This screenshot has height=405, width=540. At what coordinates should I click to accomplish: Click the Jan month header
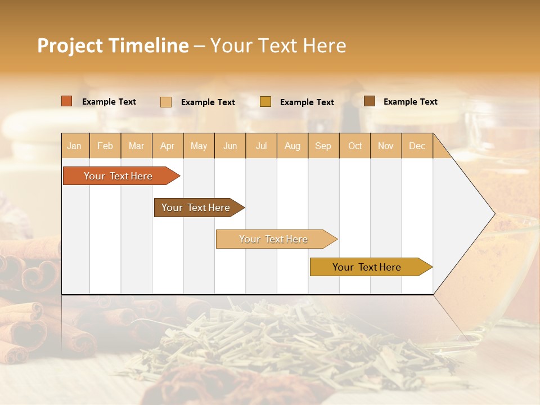pyautogui.click(x=74, y=146)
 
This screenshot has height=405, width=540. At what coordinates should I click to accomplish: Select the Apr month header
pyautogui.click(x=167, y=146)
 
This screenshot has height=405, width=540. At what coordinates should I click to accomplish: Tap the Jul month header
pyautogui.click(x=261, y=146)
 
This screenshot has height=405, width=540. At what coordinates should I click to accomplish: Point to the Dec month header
pyautogui.click(x=417, y=146)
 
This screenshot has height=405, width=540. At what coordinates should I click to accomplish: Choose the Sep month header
pyautogui.click(x=323, y=146)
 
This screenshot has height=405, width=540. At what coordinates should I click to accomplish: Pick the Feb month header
pyautogui.click(x=105, y=146)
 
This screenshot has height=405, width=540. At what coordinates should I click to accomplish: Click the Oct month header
pyautogui.click(x=355, y=146)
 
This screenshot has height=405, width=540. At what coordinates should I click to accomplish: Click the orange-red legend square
pyautogui.click(x=67, y=101)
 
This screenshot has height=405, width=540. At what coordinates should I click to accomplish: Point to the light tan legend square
pyautogui.click(x=166, y=102)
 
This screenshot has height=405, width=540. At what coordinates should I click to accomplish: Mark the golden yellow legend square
pyautogui.click(x=265, y=102)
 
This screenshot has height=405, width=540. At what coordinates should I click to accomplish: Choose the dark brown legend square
pyautogui.click(x=370, y=101)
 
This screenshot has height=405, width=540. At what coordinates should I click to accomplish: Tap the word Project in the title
pyautogui.click(x=70, y=46)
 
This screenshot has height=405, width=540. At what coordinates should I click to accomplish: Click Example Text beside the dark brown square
pyautogui.click(x=410, y=101)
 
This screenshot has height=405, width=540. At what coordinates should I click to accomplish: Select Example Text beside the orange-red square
pyautogui.click(x=109, y=101)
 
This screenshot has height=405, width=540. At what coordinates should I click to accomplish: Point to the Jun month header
pyautogui.click(x=230, y=146)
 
